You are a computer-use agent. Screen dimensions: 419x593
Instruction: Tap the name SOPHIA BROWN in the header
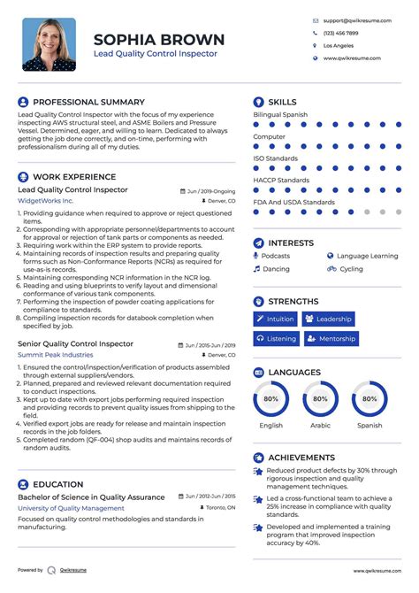coord(159,40)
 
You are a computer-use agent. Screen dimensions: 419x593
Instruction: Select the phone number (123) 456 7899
coord(340,32)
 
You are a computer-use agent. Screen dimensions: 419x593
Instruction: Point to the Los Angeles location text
coord(338,45)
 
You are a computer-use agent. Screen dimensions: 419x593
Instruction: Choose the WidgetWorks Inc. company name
coord(46,202)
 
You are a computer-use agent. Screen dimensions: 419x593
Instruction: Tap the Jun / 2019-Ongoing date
coord(211,190)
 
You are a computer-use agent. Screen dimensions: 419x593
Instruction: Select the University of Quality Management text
coord(71,508)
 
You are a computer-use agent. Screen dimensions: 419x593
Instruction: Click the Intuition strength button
coord(275,319)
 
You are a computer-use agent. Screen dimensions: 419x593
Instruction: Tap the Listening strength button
coord(276,338)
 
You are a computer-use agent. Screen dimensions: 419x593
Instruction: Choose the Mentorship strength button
coord(330,338)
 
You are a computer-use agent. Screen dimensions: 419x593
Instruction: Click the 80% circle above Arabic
coord(320,399)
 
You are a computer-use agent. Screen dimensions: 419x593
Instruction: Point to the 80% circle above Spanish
coord(369,399)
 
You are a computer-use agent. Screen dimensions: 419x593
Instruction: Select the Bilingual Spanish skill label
coord(280,115)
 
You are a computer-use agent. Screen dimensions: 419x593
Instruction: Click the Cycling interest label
coord(351,269)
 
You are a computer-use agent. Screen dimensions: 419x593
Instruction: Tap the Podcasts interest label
coord(276,256)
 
